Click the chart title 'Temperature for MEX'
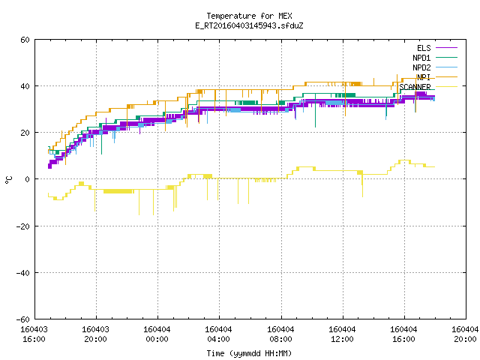tap(249, 16)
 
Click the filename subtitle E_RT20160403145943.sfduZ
tap(249, 25)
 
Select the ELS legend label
tap(424, 48)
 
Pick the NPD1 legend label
tap(421, 58)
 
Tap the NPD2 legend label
tap(421, 67)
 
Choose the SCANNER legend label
tap(415, 87)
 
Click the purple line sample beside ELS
tap(446, 48)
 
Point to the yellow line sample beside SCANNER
tap(446, 87)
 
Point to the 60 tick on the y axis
tap(25, 40)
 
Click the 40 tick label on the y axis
tap(25, 86)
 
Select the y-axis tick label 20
tap(25, 133)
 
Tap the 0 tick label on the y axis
tap(27, 179)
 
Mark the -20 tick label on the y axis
tap(23, 226)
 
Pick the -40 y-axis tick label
tap(23, 273)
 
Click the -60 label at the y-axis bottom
tap(23, 319)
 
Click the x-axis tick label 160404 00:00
tap(157, 334)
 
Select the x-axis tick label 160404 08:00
tap(280, 334)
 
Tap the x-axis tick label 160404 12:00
tap(342, 334)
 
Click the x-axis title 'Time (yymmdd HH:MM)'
tap(249, 353)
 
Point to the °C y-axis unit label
tap(8, 180)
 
